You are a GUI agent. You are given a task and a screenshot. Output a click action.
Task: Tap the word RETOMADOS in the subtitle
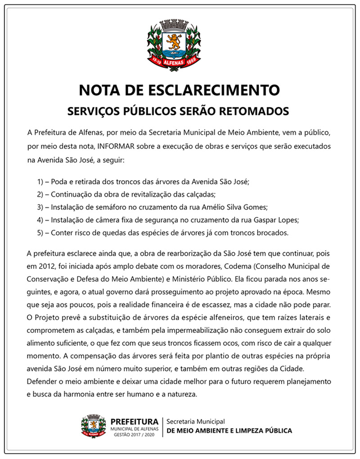click(x=254, y=110)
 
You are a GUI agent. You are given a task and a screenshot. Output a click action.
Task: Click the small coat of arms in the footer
click(x=94, y=426)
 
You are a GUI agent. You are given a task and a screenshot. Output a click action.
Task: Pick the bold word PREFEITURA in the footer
click(x=134, y=422)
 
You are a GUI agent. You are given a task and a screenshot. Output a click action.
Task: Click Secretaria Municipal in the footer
click(x=195, y=422)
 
